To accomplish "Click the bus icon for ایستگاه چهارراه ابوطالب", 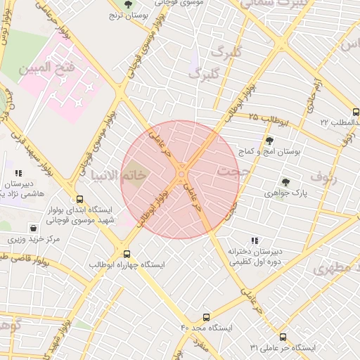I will pos(127,254).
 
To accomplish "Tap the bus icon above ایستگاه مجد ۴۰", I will pos(206,317).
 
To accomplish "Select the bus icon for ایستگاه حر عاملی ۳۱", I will pos(283,337).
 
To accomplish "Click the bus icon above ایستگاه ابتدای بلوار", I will pos(79,199).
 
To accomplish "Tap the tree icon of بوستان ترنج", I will pos(127,5).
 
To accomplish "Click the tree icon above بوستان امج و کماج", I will pos(269,141).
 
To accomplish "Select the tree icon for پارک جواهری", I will pos(285,181).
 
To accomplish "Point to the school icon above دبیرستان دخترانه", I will pos(254,240).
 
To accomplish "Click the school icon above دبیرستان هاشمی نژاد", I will pos(19,172).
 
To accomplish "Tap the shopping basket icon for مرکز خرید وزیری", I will pos(33,228).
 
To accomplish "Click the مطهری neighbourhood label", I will pos(335,269).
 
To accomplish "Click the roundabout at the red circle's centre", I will pos(181,173).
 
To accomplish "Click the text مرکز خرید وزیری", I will pos(33,239).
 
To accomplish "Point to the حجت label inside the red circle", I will pos(228,171).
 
